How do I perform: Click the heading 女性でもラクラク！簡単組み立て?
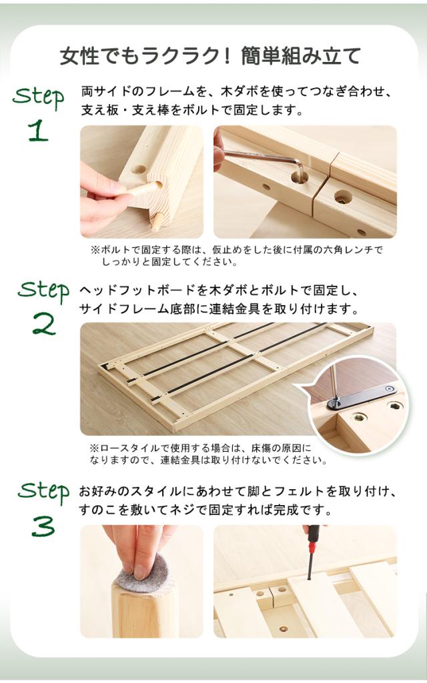[x=210, y=57]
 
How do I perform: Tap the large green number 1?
[x=39, y=130]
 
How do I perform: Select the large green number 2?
[x=43, y=324]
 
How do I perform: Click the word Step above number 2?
[x=43, y=291]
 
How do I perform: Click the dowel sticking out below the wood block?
[x=155, y=221]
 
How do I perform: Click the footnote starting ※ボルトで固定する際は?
[x=236, y=256]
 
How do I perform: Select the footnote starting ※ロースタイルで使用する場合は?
[x=208, y=454]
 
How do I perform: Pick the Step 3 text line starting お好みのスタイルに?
[x=238, y=491]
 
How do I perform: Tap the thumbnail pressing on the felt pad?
[x=141, y=571]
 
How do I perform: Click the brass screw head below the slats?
[x=284, y=630]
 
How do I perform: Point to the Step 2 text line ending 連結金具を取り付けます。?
[x=220, y=309]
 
